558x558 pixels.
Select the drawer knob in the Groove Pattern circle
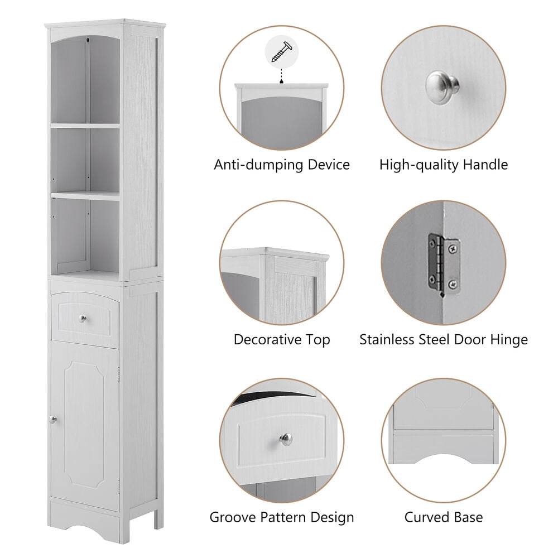[286, 439]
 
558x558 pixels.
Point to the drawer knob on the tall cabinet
[83, 319]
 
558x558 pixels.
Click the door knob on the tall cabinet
[52, 419]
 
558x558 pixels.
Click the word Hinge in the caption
[508, 340]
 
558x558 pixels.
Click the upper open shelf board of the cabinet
[85, 126]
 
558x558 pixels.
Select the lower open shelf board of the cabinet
[85, 195]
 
